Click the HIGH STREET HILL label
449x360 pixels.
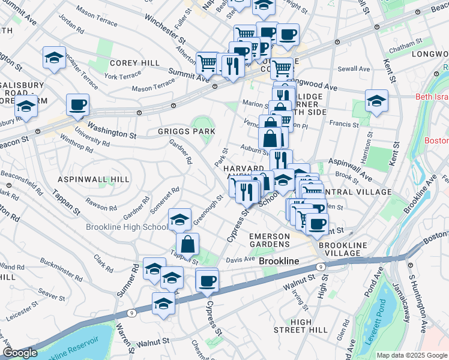[x=301, y=326]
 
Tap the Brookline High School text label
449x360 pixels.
[x=127, y=227]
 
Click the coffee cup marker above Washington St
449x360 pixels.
[x=78, y=105]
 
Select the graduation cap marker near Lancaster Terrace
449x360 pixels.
[x=55, y=58]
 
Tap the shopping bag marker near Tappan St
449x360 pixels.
[x=187, y=244]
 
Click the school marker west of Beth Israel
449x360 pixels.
[x=376, y=100]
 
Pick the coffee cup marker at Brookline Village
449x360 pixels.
[x=317, y=224]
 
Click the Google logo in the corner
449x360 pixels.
[x=20, y=353]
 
